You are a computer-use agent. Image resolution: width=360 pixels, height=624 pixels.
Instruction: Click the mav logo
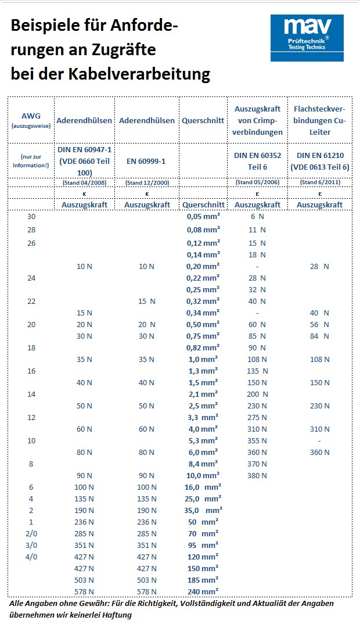click(307, 38)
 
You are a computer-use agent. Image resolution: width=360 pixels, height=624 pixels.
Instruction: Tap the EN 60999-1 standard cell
click(146, 161)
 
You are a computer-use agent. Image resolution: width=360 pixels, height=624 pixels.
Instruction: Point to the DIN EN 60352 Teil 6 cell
click(257, 161)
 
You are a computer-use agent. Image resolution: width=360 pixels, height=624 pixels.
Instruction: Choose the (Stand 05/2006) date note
click(257, 182)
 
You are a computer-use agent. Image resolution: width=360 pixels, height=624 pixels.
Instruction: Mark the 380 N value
click(257, 475)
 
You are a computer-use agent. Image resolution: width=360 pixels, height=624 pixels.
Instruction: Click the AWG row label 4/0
click(31, 557)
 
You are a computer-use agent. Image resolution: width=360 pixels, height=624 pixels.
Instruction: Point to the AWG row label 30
click(31, 216)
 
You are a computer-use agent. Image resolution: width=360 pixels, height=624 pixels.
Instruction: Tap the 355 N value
click(257, 440)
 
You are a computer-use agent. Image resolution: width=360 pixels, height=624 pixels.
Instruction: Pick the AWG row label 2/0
click(31, 533)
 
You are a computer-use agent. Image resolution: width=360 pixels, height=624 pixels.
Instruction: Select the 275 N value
click(257, 417)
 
